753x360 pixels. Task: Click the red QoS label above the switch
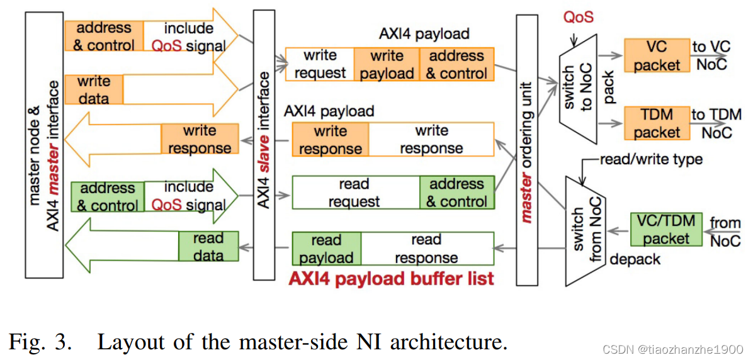coord(579,16)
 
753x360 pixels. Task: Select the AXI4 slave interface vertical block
coord(264,145)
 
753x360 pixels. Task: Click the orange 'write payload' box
coord(387,64)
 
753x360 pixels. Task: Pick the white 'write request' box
coord(320,64)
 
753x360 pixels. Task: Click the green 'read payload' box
coord(327,249)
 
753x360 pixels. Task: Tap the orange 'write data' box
coord(94,90)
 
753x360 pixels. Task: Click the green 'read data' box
coord(208,246)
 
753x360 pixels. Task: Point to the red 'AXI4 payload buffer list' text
coord(391,279)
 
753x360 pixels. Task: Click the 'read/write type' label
coord(650,159)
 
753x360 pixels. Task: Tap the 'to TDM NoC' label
coord(716,123)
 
